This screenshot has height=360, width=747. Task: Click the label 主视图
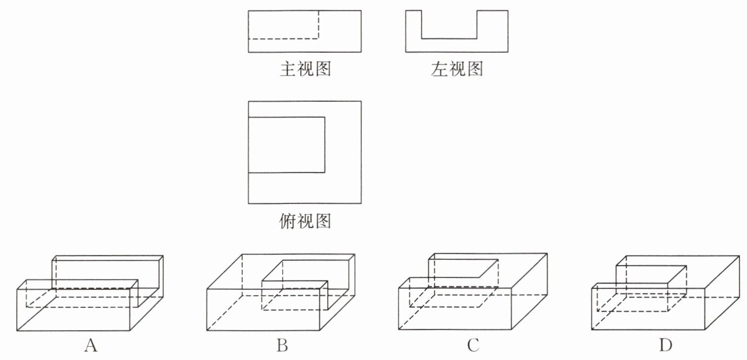305,69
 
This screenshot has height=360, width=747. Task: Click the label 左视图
457,69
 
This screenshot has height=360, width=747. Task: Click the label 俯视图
305,221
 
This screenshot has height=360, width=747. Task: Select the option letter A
91,345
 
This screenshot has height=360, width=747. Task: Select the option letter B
282,345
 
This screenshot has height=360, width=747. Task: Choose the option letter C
473,345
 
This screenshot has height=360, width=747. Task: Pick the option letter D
666,345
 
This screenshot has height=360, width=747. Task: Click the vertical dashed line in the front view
318,25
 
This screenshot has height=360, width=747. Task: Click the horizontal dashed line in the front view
283,39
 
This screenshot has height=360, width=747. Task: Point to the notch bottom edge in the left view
449,39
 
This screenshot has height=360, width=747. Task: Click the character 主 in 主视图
288,69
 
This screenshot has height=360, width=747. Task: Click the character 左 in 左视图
439,69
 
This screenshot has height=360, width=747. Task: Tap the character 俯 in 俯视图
287,221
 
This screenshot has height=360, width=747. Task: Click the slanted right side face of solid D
722,293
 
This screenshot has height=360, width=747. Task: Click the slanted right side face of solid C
529,291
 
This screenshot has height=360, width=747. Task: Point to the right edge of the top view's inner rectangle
325,145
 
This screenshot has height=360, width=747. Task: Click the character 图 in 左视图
474,69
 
